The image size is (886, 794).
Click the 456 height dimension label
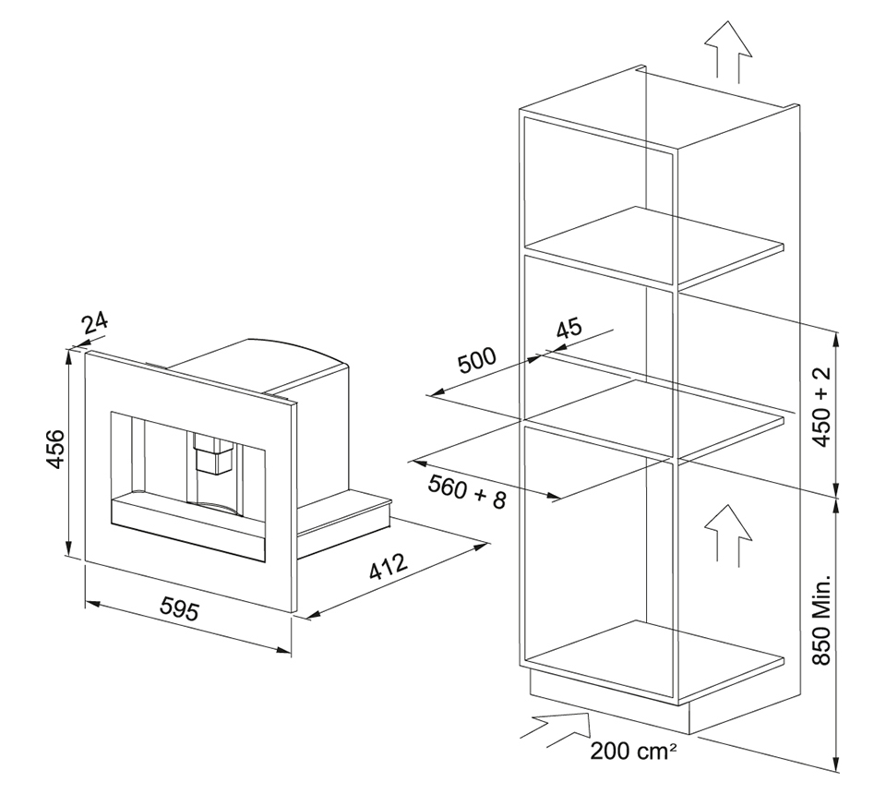coord(56,449)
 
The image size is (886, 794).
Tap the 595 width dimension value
coord(180,609)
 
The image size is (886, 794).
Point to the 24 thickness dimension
coord(94,324)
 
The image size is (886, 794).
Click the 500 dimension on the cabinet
coord(476,361)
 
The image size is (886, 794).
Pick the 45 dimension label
coord(569,329)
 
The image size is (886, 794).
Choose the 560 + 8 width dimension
coord(467,491)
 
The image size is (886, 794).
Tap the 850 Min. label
coord(822,620)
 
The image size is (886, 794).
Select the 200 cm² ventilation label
coord(633,751)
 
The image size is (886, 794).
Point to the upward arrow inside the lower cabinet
coord(728,535)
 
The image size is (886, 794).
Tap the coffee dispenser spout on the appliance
coord(212,452)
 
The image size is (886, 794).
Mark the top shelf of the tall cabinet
coord(654,246)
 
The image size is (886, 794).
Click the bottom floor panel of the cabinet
coord(654,661)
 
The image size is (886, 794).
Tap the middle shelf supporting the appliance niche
coord(654,419)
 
